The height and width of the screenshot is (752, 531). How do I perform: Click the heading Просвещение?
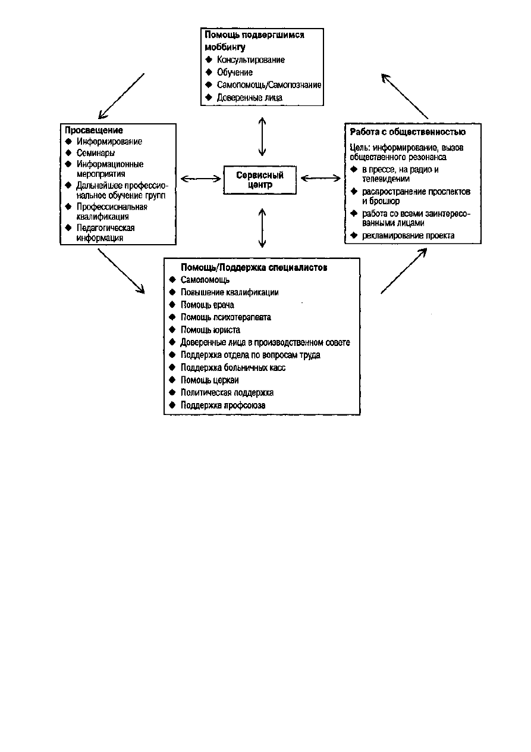[x=94, y=130]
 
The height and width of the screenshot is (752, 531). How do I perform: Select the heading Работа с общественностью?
[x=408, y=132]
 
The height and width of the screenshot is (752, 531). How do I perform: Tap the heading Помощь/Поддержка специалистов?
[x=254, y=267]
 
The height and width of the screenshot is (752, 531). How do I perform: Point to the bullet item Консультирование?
[x=251, y=60]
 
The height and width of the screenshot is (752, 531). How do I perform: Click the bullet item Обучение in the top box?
[x=235, y=72]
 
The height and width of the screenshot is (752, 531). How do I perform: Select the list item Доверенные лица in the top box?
[x=249, y=98]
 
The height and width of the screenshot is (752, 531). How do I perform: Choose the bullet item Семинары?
[x=96, y=153]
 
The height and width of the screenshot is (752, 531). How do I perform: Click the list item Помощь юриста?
[x=210, y=330]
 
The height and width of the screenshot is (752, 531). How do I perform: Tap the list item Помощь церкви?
[x=209, y=380]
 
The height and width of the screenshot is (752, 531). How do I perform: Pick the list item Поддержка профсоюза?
[x=223, y=405]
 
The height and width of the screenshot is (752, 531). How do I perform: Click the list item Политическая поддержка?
[x=227, y=392]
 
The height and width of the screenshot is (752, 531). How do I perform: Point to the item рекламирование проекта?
[x=408, y=236]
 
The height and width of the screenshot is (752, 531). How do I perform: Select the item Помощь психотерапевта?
[x=225, y=317]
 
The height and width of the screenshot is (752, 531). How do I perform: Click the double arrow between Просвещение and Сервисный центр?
[x=200, y=179]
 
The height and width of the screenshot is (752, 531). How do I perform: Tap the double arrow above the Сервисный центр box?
[x=262, y=136]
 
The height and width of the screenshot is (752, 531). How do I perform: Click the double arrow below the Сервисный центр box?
[x=262, y=228]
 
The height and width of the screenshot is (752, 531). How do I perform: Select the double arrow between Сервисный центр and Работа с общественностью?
[x=321, y=178]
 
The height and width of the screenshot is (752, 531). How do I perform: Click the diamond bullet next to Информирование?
[x=68, y=141]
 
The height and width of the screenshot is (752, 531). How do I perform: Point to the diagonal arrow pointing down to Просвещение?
[x=121, y=96]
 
